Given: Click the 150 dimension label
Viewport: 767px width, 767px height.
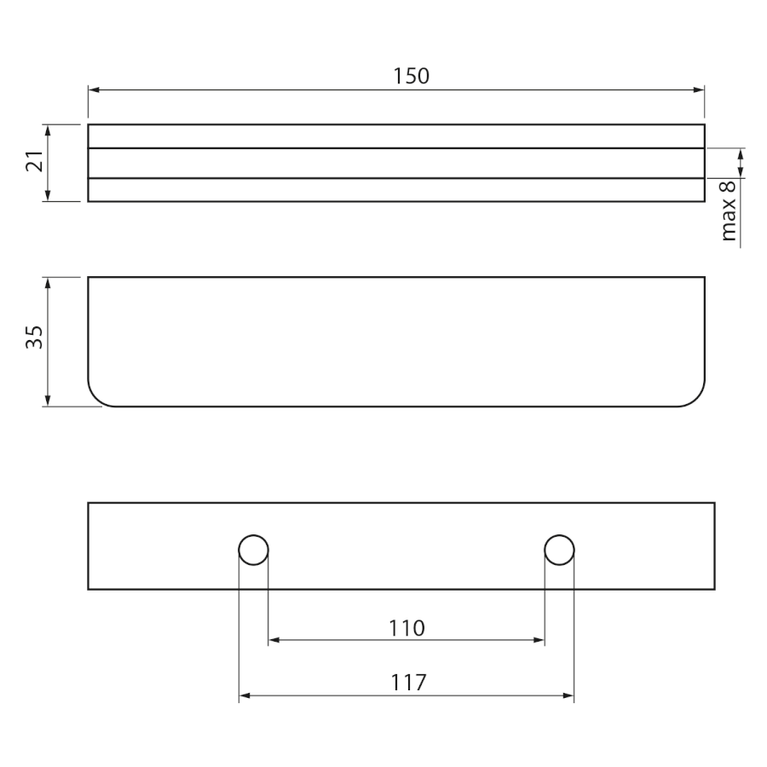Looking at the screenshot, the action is click(x=412, y=76).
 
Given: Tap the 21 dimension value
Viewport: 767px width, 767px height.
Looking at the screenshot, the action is click(x=35, y=160).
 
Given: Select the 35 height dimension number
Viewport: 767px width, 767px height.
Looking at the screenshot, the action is click(x=35, y=337).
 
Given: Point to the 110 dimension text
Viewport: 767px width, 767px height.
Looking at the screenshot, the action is click(x=407, y=628).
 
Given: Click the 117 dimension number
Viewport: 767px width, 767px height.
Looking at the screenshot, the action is click(x=408, y=683).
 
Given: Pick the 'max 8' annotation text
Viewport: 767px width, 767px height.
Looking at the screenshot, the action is click(x=729, y=210).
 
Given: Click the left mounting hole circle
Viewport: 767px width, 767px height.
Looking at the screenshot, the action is click(x=253, y=550).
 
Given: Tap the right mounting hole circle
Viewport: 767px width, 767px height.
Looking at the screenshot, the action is click(x=559, y=550).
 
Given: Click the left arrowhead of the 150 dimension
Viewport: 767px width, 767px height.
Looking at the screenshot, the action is click(x=94, y=90).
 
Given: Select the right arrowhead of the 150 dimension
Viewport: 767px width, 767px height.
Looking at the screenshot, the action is click(x=699, y=90).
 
